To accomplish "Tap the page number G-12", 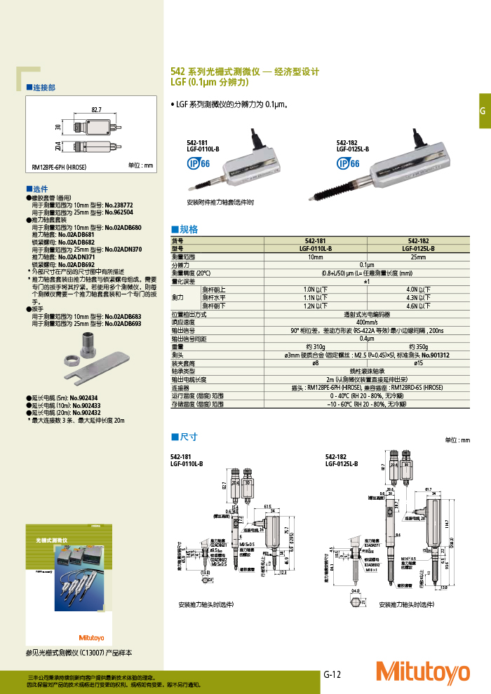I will pos(332,675).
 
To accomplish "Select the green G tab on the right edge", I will pos(483,111).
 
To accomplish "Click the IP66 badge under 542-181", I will pos(198,163).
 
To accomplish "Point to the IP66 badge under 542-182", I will pos(347,163).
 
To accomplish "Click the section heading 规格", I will pos(186,229).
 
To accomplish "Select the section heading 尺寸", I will pos(186,437).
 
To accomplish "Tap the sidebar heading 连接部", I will pos(41,88).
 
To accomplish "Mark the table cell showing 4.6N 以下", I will pos(418,306).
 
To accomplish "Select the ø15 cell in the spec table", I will pos(418,363).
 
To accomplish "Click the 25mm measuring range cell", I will pos(418,257).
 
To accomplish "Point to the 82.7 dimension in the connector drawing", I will pos(96,109).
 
